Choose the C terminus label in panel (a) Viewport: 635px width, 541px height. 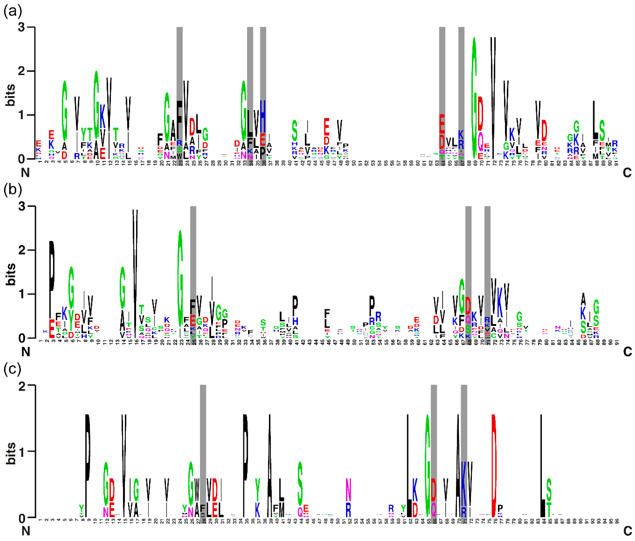click(x=627, y=173)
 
